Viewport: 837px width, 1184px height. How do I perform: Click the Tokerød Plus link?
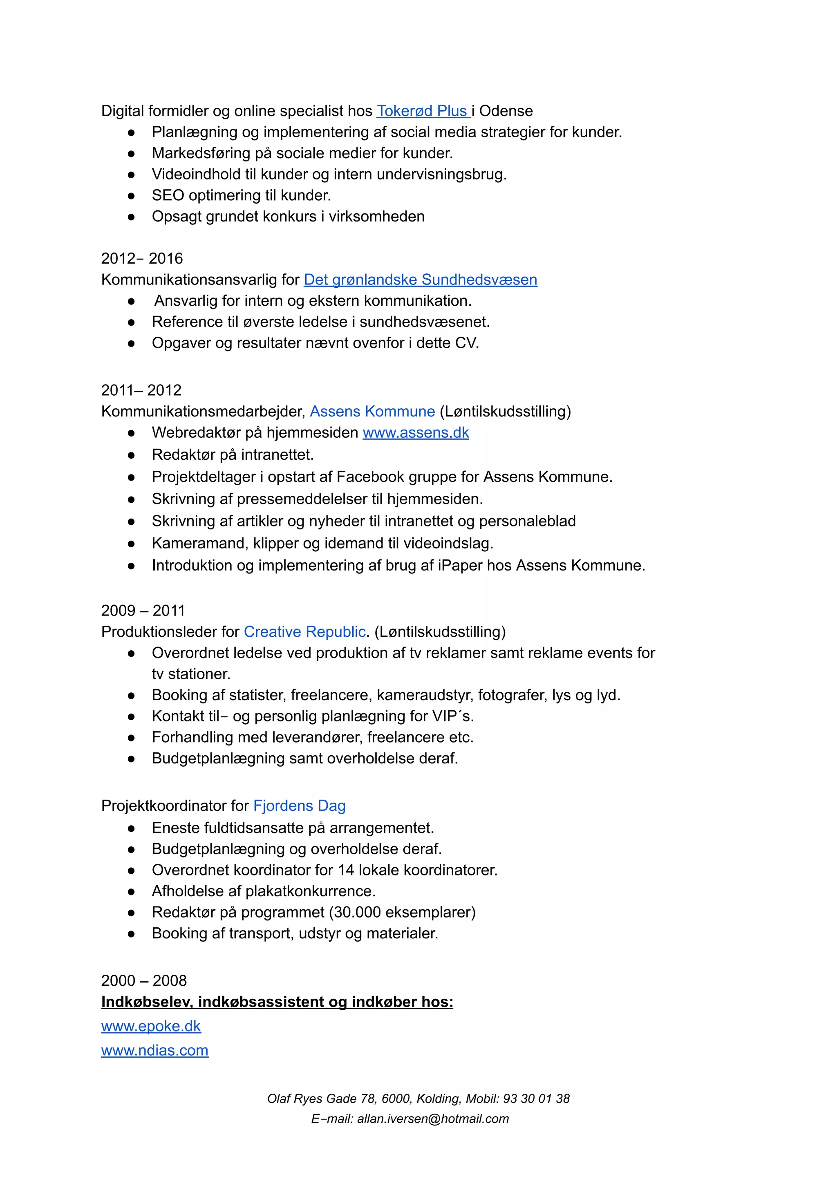422,111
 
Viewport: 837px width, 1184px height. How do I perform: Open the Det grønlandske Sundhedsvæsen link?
420,280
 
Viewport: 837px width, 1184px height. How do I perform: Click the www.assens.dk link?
416,433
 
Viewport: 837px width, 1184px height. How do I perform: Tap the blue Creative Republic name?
305,632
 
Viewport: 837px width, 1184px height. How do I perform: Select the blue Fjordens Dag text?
299,806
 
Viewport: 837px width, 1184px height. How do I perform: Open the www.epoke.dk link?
150,1026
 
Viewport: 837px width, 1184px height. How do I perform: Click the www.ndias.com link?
155,1050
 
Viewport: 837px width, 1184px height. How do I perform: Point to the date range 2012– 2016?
142,258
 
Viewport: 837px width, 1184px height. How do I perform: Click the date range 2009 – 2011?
143,611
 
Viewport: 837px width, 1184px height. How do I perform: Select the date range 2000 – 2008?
144,980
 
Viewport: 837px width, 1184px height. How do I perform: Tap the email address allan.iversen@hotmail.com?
433,1119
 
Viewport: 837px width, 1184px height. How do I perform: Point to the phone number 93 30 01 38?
536,1099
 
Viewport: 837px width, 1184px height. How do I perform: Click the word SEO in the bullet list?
168,195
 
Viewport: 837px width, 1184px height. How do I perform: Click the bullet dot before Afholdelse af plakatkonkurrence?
132,892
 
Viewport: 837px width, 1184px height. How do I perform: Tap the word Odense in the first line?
506,111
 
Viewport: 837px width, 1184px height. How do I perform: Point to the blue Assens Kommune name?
372,412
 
